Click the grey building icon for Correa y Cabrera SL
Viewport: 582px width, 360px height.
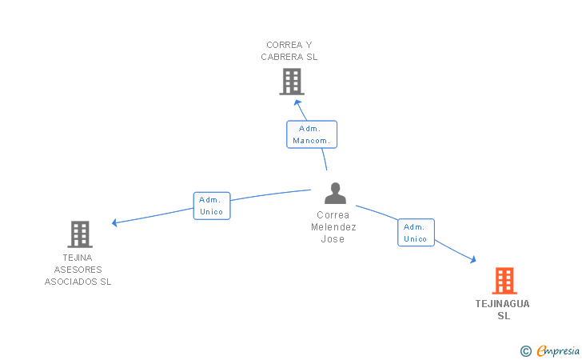tap(292, 82)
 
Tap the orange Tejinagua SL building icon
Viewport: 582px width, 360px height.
tap(504, 281)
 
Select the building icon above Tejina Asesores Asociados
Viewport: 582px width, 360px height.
tap(80, 234)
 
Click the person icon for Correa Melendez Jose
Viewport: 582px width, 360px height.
tap(335, 193)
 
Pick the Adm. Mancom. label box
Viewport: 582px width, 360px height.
tap(312, 134)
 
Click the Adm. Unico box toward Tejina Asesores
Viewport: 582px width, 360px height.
tap(212, 206)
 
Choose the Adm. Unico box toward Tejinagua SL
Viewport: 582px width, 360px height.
tap(416, 233)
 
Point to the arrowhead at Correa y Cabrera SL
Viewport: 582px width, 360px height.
tap(297, 103)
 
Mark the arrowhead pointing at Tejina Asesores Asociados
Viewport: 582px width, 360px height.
tap(114, 222)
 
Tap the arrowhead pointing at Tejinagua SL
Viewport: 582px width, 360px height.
tap(473, 259)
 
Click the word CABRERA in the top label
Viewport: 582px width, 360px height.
tap(281, 57)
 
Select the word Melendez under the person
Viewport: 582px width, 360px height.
tap(333, 227)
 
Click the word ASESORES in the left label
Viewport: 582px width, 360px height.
tap(78, 270)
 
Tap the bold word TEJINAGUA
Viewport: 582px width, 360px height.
tap(503, 304)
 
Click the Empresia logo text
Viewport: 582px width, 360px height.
tap(558, 350)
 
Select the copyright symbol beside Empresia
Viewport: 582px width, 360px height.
tap(526, 351)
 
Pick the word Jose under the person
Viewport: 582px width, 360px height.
tap(333, 239)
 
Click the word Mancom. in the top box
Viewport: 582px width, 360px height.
tap(312, 141)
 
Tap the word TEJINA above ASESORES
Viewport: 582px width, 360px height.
tap(78, 258)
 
